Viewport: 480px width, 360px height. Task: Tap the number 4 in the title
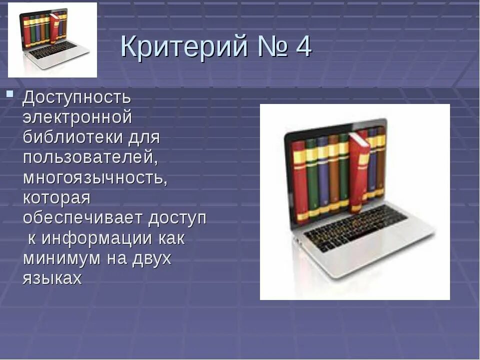[303, 48]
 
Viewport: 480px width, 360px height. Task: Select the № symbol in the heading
[270, 48]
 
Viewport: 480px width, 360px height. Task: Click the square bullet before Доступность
[9, 93]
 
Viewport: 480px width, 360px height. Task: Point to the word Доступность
[76, 97]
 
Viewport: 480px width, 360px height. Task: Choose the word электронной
[77, 117]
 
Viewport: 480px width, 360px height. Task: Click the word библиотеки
[69, 137]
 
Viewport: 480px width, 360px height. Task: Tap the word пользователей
[89, 157]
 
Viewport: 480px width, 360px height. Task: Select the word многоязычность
[95, 178]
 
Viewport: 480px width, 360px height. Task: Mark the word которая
[56, 198]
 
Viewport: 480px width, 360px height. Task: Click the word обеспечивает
[83, 218]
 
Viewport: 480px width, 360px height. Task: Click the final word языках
[52, 278]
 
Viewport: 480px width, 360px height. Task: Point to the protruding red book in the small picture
[54, 28]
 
